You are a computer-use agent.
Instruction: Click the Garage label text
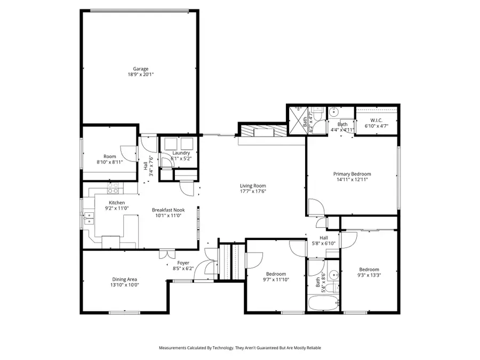[x=141, y=68]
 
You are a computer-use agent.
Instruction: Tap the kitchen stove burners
[x=113, y=188]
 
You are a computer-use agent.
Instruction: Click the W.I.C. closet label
[x=376, y=121]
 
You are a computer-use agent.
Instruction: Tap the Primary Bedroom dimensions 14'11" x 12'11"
[x=352, y=180]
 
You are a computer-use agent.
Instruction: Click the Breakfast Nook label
[x=168, y=210]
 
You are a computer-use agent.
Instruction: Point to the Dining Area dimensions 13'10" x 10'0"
[x=125, y=285]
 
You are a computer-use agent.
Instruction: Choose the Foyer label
[x=183, y=262]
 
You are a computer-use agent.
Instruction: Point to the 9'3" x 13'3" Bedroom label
[x=370, y=269]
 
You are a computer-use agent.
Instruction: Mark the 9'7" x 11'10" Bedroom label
[x=276, y=274]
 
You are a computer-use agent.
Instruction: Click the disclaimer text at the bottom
[x=240, y=348]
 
